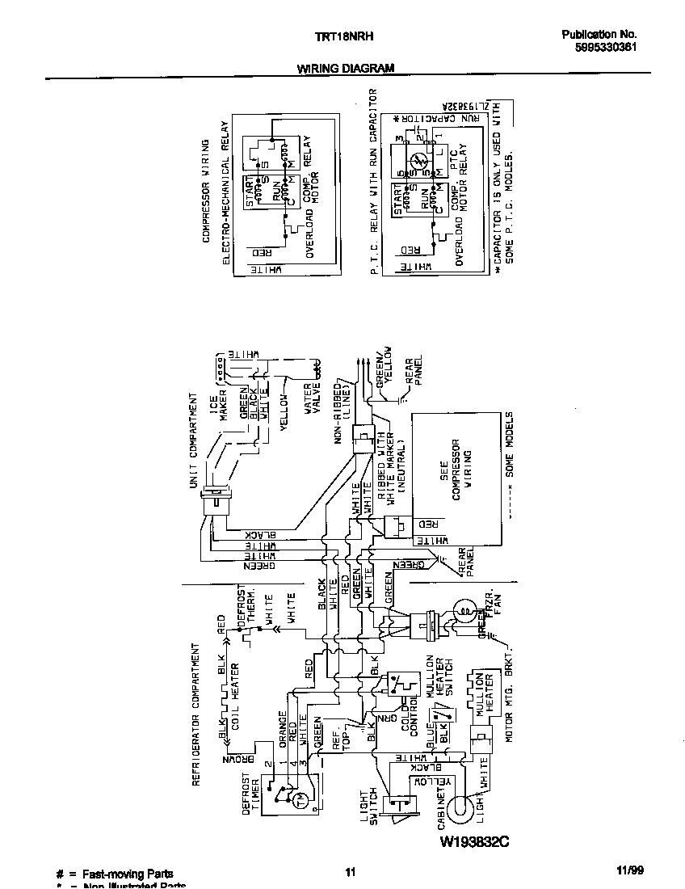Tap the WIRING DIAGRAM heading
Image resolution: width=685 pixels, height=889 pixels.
345,69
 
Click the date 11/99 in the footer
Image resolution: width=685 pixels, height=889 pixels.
629,871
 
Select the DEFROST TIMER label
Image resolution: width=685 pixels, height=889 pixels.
252,795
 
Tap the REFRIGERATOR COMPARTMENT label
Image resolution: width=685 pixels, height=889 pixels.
195,714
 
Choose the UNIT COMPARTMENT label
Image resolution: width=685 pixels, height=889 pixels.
194,437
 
